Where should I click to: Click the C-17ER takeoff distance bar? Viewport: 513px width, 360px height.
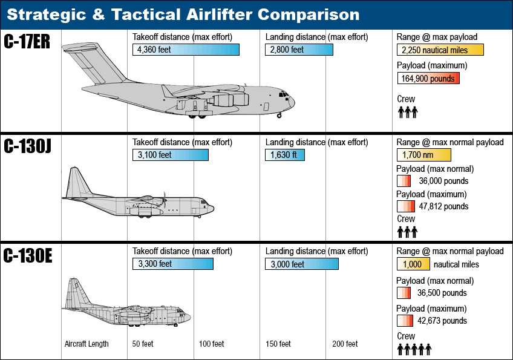click(x=186, y=50)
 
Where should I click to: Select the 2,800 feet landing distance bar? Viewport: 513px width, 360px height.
click(x=299, y=50)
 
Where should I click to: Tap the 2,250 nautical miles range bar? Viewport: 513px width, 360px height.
click(x=440, y=50)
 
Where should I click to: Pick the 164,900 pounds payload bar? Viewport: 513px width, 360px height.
click(x=428, y=78)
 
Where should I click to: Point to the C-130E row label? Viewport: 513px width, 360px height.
click(x=27, y=257)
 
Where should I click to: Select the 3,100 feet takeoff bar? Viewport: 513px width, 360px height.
click(x=170, y=155)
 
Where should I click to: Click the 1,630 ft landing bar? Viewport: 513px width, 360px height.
click(x=284, y=155)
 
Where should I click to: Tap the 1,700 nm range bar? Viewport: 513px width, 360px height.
click(x=423, y=155)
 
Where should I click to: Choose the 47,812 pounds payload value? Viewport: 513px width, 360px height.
click(x=443, y=206)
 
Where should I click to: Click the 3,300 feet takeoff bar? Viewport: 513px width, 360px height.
click(x=172, y=264)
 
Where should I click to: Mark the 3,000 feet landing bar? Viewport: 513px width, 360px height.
click(x=301, y=264)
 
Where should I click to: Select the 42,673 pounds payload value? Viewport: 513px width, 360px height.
click(x=442, y=321)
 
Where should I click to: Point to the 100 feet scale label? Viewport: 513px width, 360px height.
click(x=212, y=344)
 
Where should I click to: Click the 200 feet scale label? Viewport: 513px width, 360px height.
click(x=345, y=344)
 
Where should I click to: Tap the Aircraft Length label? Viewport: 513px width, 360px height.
click(x=87, y=344)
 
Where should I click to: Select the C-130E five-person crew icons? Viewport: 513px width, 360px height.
click(x=414, y=349)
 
